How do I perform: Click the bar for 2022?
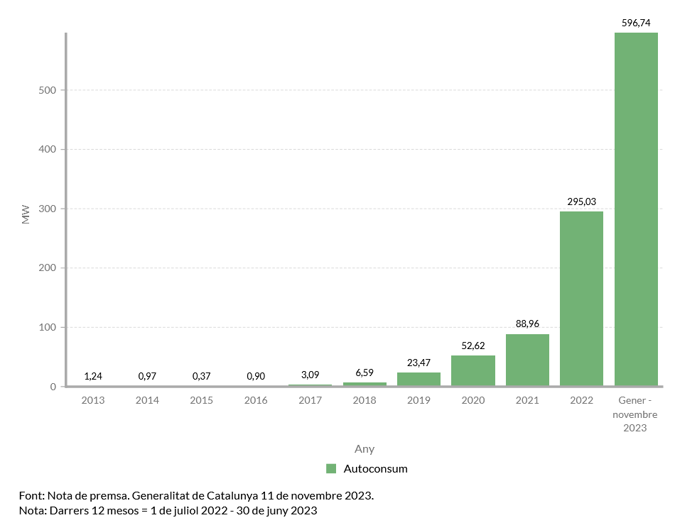[x=581, y=299]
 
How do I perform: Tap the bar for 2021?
[x=527, y=360]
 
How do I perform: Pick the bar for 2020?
[x=472, y=370]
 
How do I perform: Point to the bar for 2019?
[x=418, y=379]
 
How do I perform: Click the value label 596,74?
[x=636, y=23]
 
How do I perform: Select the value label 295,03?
[x=581, y=201]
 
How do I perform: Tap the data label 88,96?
[x=527, y=324]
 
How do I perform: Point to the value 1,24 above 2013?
[x=93, y=375]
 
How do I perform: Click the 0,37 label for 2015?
[x=202, y=375]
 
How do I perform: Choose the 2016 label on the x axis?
[x=256, y=400]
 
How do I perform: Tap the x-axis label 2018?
[x=364, y=400]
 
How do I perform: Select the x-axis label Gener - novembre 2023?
[x=636, y=414]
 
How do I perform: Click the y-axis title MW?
[x=26, y=214]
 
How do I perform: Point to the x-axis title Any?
[x=364, y=449]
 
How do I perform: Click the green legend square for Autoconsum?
[x=331, y=468]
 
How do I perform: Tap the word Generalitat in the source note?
[x=160, y=495]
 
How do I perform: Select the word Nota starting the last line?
[x=31, y=510]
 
